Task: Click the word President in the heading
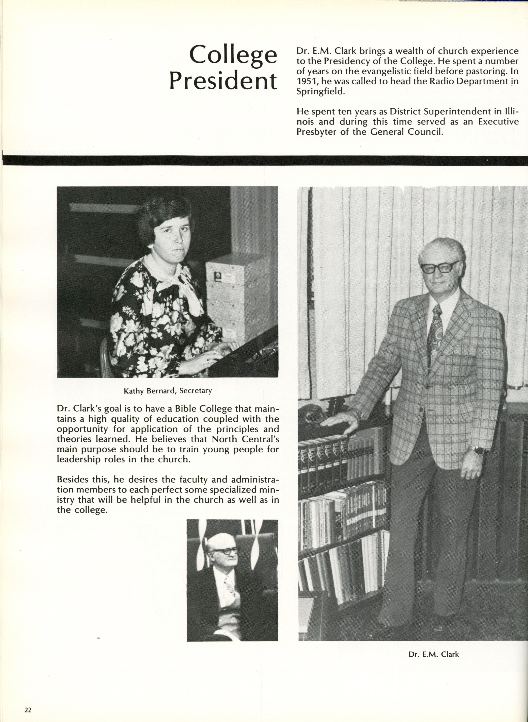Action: (223, 81)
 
